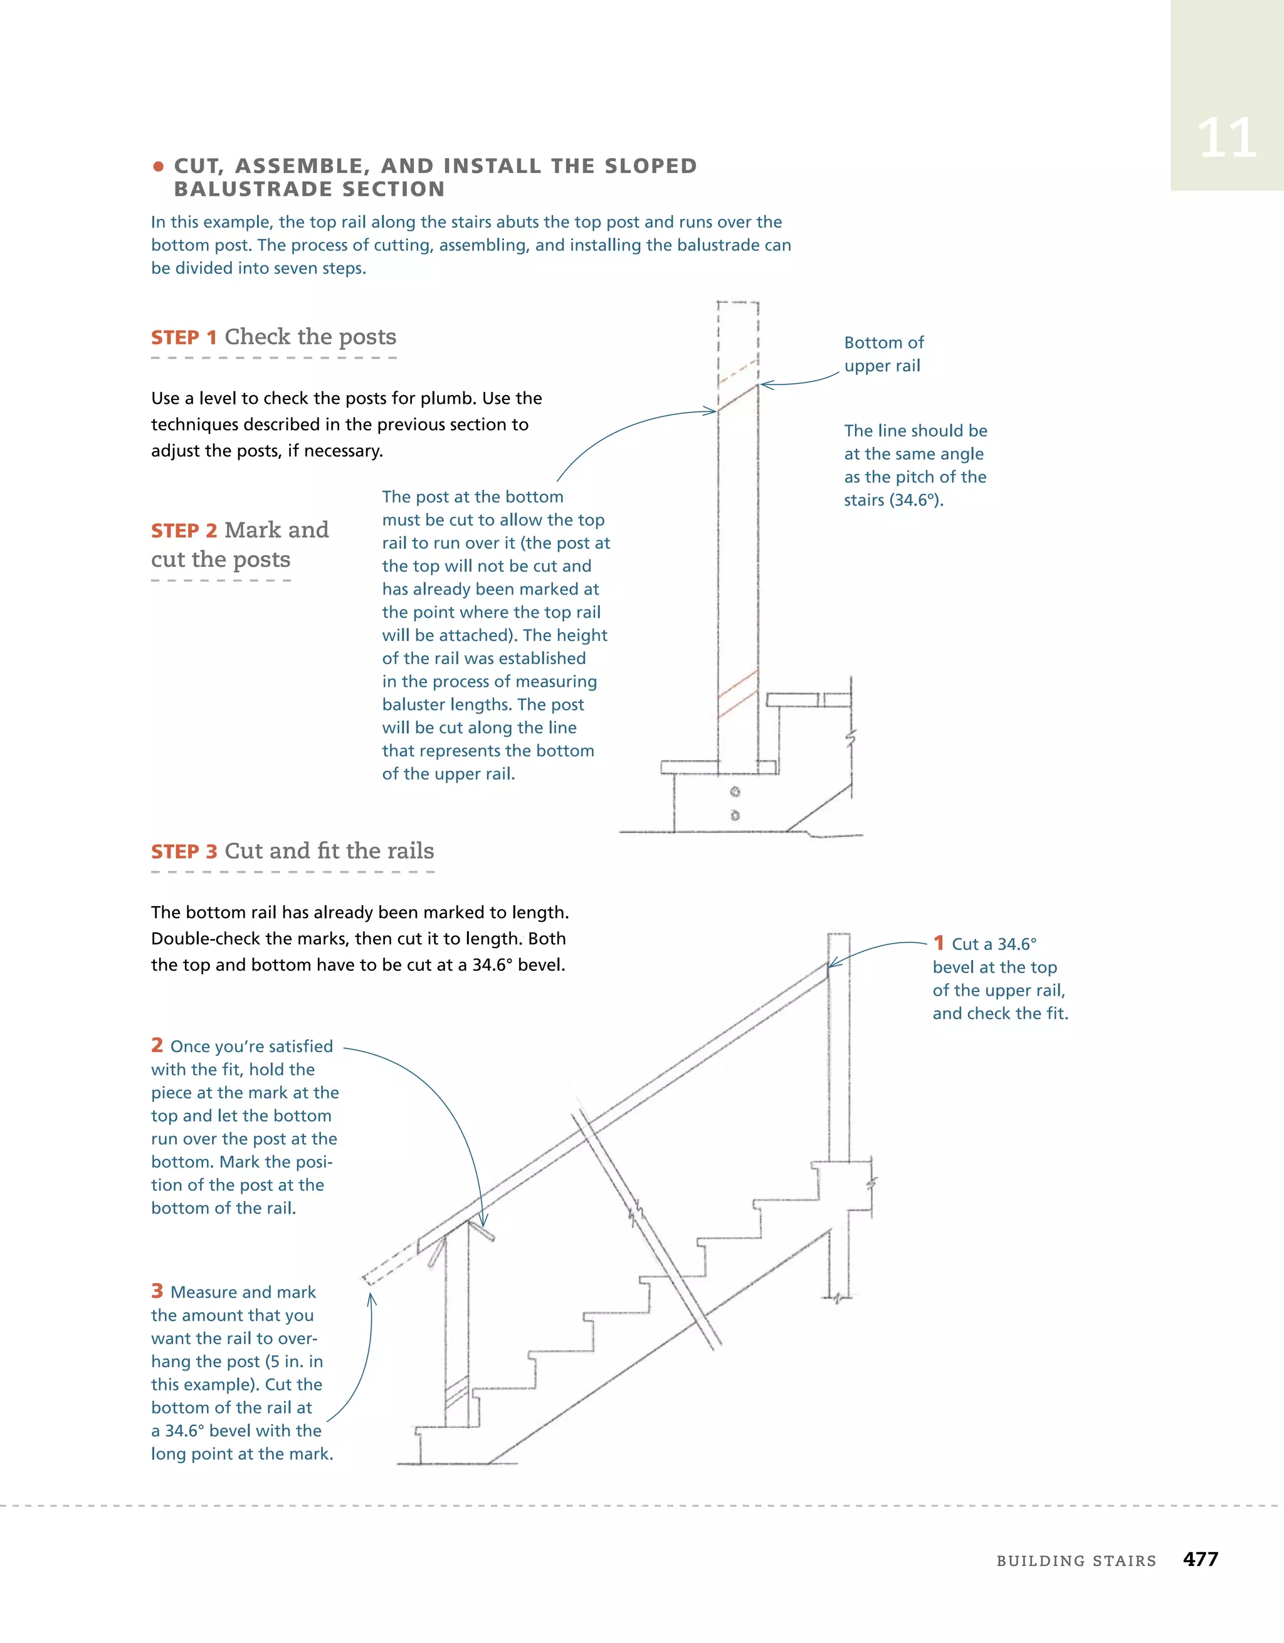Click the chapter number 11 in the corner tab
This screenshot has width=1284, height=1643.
pyautogui.click(x=1226, y=139)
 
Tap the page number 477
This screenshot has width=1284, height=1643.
pyautogui.click(x=1200, y=1560)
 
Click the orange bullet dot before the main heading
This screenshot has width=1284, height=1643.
pyautogui.click(x=158, y=166)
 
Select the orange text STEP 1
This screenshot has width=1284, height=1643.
pyautogui.click(x=184, y=338)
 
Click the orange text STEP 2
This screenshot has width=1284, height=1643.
pyautogui.click(x=184, y=531)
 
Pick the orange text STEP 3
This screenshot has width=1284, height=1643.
pyautogui.click(x=184, y=852)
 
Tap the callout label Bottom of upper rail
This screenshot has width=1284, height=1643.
pyautogui.click(x=883, y=354)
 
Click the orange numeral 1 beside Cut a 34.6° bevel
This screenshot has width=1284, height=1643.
pyautogui.click(x=938, y=943)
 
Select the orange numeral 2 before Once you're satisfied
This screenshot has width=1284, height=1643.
pyautogui.click(x=157, y=1045)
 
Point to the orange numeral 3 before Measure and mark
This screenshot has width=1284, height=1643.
pyautogui.click(x=157, y=1291)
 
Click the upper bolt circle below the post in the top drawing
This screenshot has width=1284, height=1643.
pyautogui.click(x=735, y=791)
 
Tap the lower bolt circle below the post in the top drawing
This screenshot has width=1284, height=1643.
pyautogui.click(x=735, y=815)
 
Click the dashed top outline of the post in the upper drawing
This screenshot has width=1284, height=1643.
pyautogui.click(x=738, y=302)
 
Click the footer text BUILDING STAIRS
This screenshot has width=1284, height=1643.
pyautogui.click(x=1076, y=1561)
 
